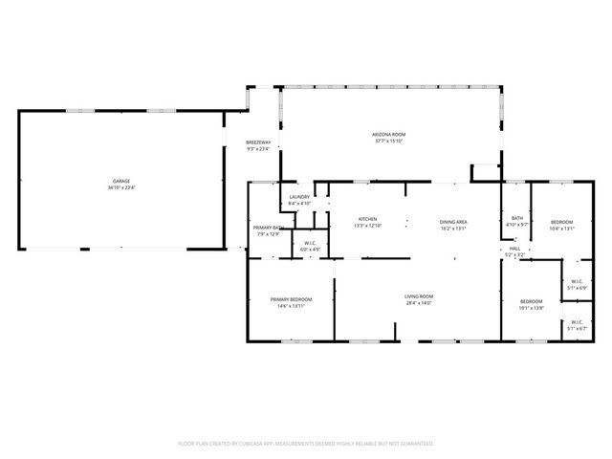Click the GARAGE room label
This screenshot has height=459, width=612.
(x=121, y=181)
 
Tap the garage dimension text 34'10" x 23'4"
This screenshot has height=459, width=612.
(x=121, y=187)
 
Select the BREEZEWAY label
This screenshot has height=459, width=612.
(x=258, y=142)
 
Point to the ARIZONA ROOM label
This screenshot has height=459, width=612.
(x=389, y=134)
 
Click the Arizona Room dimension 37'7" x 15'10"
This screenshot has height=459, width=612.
(x=389, y=141)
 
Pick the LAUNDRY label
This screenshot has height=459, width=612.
(x=299, y=197)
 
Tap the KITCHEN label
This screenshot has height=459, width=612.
(x=368, y=219)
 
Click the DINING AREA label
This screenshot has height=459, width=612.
(x=453, y=221)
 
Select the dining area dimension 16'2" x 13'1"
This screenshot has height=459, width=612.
(x=453, y=229)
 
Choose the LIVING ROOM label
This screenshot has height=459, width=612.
(x=419, y=295)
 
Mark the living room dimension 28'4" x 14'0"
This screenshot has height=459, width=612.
(x=419, y=303)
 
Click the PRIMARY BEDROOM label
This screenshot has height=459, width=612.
(x=291, y=299)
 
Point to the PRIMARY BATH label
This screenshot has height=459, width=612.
(x=268, y=227)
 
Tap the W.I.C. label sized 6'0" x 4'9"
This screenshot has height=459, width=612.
(x=310, y=243)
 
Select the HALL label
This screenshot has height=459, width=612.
(x=514, y=248)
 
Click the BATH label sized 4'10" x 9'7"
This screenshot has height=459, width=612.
(x=516, y=218)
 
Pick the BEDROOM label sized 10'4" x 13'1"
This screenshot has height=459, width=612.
(x=561, y=221)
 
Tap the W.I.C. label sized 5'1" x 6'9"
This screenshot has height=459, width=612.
(x=577, y=281)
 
